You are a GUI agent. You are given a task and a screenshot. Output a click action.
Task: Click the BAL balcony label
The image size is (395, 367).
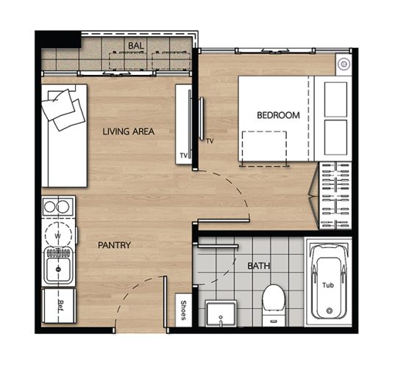pos(136,46)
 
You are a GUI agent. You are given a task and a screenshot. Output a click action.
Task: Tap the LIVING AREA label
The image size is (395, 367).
pos(129,131)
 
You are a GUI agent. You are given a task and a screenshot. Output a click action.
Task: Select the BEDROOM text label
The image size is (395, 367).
pos(278,115)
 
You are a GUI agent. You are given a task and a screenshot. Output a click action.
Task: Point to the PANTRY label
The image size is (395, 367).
pos(114,245)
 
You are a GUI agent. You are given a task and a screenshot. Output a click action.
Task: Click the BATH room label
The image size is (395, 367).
pos(259,266)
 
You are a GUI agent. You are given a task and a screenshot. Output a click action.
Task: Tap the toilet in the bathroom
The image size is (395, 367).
pos(274,305)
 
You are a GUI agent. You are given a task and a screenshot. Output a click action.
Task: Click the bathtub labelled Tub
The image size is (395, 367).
pos(329,282)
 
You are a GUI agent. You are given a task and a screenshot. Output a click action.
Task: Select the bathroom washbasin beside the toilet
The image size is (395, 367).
pos(221,313)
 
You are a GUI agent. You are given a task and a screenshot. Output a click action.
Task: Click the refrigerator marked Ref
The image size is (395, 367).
pos(59,305)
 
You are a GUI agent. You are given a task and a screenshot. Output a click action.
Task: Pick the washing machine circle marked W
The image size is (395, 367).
pos(58,236)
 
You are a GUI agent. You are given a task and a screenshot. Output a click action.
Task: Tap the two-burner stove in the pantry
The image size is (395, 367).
pos(58,207)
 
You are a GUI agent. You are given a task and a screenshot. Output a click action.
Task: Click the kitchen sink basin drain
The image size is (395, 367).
pos(58,269)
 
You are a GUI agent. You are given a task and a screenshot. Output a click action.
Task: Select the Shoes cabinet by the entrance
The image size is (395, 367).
pos(183,310)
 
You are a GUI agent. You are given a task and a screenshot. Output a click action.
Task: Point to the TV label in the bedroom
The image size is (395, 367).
pos(210,141)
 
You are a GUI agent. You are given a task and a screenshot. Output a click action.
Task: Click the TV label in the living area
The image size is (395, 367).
pos(184,156)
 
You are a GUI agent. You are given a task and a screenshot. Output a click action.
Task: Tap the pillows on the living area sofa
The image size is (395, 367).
pos(63,109)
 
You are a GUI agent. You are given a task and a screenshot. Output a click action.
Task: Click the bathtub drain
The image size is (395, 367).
pos(329,310)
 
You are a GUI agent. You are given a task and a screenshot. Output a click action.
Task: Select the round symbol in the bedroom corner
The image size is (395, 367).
pos(344,64)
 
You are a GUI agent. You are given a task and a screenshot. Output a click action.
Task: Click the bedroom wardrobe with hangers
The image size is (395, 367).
pos(335,195)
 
